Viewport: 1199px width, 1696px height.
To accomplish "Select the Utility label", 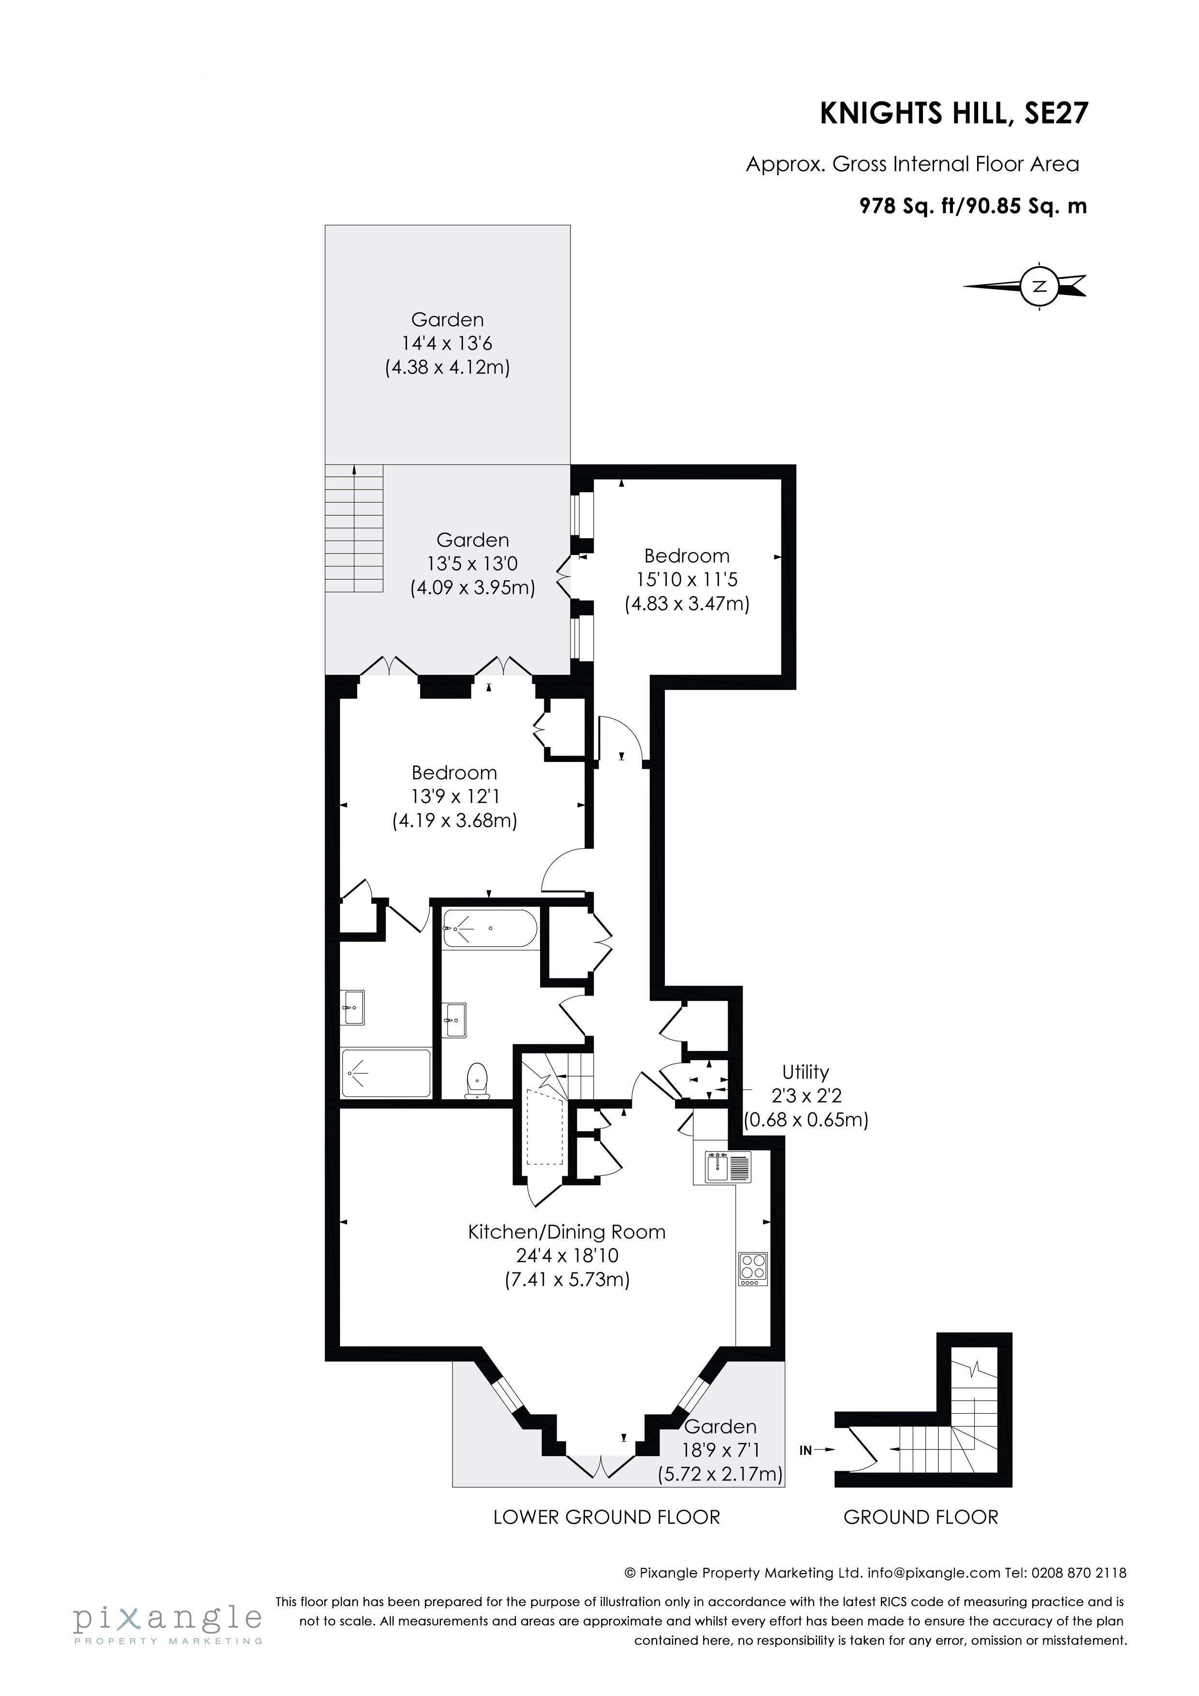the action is click(805, 1072).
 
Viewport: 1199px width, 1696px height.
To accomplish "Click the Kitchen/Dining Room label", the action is click(567, 1232).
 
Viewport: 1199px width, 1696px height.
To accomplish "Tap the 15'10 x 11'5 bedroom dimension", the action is click(687, 580).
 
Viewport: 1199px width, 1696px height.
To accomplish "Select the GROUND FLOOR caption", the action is click(921, 1517).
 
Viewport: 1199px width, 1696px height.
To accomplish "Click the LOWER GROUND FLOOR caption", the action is click(607, 1517).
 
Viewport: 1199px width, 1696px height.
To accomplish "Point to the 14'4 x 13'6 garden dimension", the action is click(447, 343).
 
